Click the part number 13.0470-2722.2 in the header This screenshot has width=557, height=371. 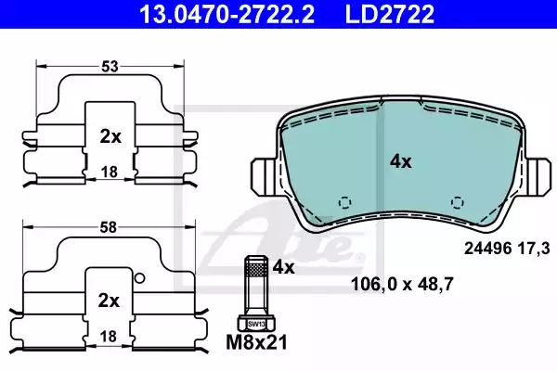227,14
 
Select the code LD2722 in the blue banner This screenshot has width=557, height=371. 389,14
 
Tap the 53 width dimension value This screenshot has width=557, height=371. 110,67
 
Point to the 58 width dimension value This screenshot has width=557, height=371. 109,227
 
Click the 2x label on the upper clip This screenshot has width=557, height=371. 110,136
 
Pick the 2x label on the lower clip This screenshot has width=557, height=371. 109,301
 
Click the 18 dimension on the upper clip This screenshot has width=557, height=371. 110,173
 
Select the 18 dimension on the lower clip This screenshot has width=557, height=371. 109,336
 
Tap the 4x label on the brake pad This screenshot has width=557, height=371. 401,162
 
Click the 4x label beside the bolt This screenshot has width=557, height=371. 283,267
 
